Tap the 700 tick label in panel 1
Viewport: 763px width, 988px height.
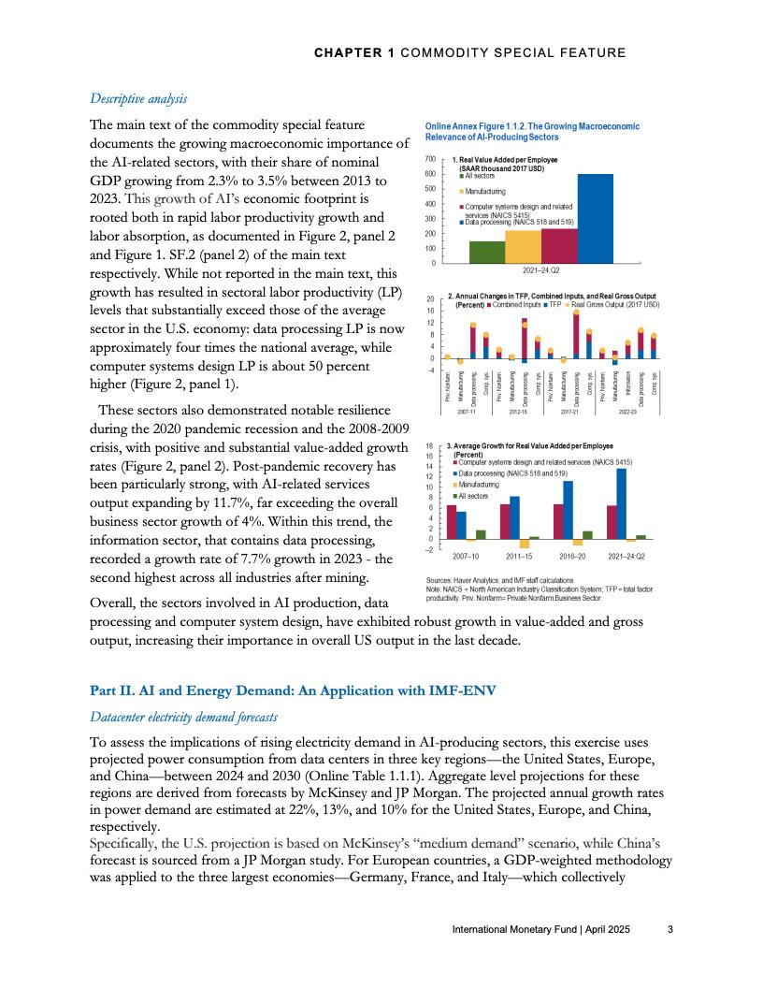(x=430, y=159)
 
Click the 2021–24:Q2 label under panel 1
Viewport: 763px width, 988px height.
(x=541, y=269)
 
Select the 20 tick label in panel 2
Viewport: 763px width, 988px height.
(x=430, y=298)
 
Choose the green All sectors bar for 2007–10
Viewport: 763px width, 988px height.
(x=481, y=534)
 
